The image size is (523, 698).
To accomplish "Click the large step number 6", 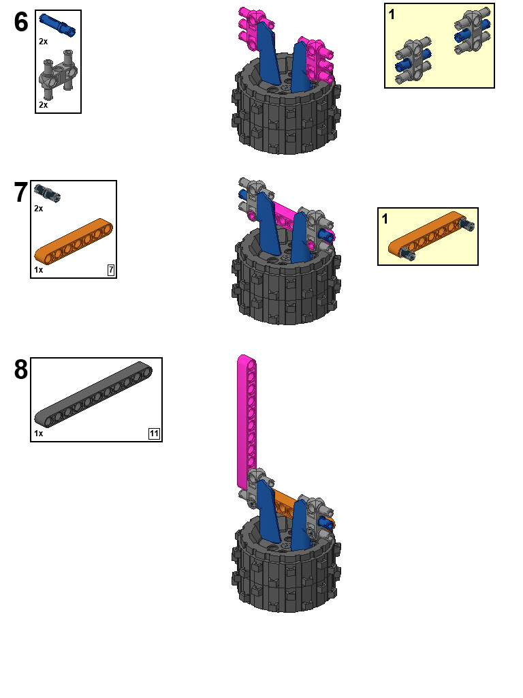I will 21,22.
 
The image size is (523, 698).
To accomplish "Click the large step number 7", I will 21,193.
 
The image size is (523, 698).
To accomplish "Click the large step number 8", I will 21,370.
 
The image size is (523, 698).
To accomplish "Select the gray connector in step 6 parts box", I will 58,74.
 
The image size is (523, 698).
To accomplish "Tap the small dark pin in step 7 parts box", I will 48,193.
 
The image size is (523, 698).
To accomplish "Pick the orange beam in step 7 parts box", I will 74,241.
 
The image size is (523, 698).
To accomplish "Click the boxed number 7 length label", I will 110,271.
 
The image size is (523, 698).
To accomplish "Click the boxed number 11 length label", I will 155,434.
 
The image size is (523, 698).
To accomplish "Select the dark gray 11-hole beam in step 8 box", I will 93,393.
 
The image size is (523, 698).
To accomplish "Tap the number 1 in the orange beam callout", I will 385,219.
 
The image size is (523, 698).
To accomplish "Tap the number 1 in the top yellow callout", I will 392,14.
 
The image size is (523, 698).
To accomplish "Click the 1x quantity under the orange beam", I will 39,270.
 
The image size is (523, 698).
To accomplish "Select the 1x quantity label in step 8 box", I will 39,433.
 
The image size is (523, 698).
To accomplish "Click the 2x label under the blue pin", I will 43,42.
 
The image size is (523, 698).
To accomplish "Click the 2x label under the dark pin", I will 39,208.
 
